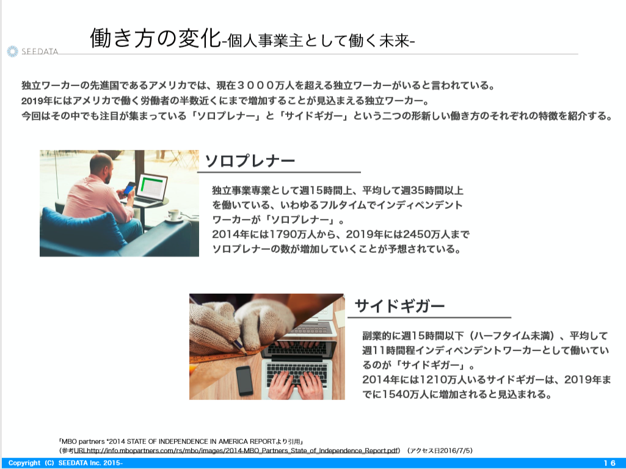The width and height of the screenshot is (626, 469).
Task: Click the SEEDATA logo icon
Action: [12, 51]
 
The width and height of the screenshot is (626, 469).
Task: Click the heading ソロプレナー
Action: [250, 161]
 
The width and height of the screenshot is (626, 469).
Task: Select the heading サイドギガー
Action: [399, 306]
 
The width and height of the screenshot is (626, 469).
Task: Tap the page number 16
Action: [610, 463]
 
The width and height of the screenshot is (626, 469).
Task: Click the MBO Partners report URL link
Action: [236, 451]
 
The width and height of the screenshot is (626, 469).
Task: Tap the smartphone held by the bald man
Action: [129, 187]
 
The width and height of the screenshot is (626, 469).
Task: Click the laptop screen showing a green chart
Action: [152, 187]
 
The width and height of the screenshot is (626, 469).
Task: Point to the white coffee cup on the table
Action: [174, 215]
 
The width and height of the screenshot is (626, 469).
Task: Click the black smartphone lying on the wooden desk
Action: [244, 380]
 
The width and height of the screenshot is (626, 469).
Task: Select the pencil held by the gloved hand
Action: [239, 344]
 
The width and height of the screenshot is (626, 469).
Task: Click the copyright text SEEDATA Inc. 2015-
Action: [90, 463]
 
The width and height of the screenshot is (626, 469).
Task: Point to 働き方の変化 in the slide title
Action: [155, 38]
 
